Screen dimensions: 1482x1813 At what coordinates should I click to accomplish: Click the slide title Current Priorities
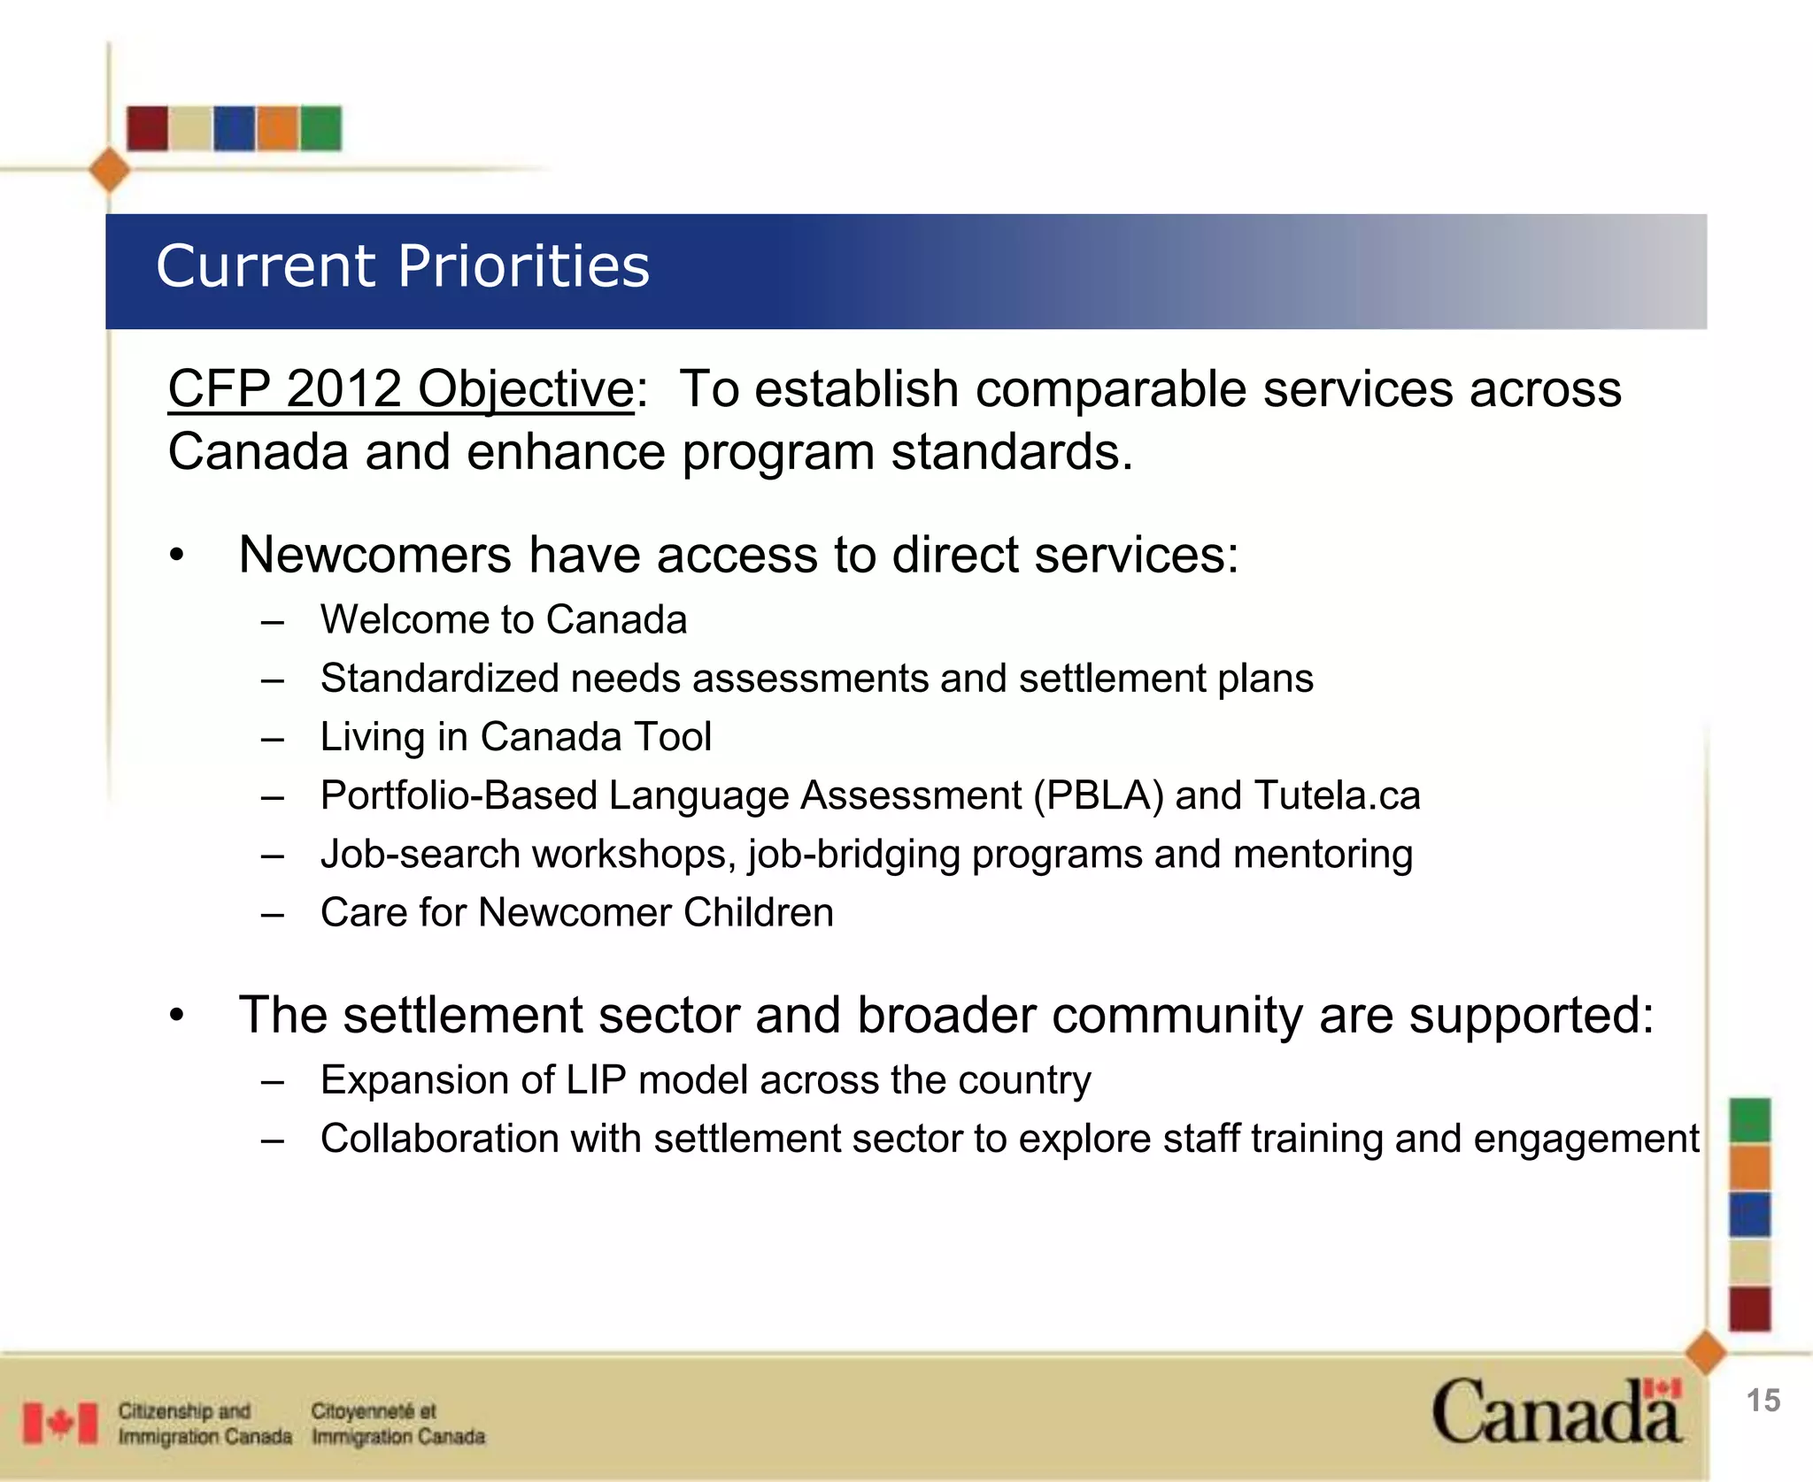point(403,266)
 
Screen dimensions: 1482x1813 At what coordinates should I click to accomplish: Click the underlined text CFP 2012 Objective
point(400,389)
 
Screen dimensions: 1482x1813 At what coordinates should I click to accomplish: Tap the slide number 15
point(1763,1401)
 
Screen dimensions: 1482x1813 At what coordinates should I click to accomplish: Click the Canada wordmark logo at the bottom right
point(1556,1413)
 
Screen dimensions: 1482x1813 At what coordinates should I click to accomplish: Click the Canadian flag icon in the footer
point(60,1424)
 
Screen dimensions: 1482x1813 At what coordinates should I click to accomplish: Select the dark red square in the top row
point(147,128)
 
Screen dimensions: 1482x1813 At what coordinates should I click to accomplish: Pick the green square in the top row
point(320,128)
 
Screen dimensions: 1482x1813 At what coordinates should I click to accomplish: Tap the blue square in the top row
point(234,128)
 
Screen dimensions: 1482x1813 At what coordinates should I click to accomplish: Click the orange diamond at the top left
point(110,170)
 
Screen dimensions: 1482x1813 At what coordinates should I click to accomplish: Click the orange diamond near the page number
point(1705,1353)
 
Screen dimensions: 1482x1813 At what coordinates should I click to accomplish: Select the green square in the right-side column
point(1750,1119)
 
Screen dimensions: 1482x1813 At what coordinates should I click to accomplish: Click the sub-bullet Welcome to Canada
point(503,619)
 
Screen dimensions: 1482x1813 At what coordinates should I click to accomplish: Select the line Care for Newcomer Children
point(576,912)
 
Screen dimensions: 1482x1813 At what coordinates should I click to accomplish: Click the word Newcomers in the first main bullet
point(374,556)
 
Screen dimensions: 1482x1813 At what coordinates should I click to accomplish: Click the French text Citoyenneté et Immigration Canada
point(397,1424)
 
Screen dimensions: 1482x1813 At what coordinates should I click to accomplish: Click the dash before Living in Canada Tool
point(273,738)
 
